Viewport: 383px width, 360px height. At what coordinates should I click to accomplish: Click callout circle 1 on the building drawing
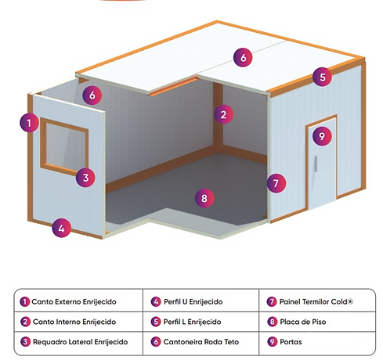(x=29, y=123)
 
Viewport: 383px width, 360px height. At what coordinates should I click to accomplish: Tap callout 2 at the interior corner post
(x=223, y=114)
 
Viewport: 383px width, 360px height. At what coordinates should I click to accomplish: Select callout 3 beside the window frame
(x=85, y=178)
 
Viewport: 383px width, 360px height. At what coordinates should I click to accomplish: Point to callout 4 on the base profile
(x=61, y=228)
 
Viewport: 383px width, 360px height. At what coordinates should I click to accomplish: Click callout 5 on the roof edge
(x=323, y=77)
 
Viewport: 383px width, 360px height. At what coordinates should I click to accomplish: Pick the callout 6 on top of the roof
(x=243, y=57)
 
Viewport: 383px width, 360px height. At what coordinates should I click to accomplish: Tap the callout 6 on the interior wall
(x=92, y=95)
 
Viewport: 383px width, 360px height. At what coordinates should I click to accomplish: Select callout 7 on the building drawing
(x=276, y=183)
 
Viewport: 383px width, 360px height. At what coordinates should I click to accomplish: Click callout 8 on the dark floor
(x=204, y=198)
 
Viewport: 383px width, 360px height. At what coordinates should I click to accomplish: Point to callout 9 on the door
(x=322, y=136)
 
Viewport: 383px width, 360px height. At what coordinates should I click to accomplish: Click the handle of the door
(x=316, y=164)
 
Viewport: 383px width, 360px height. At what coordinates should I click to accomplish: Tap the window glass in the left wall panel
(x=67, y=146)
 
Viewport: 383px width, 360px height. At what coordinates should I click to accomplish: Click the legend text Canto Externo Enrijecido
(x=74, y=302)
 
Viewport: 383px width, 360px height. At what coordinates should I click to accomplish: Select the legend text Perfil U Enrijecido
(x=193, y=302)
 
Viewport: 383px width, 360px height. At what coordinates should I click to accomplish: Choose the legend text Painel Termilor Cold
(x=314, y=302)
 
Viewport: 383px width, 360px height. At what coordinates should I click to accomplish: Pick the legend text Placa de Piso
(x=303, y=322)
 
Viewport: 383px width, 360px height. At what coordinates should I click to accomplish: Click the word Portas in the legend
(x=291, y=342)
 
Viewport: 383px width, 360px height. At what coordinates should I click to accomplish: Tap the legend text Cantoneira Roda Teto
(x=201, y=342)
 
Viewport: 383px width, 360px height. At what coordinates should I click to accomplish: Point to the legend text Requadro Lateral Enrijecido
(x=81, y=342)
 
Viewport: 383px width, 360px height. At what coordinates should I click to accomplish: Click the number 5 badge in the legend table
(x=156, y=322)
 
